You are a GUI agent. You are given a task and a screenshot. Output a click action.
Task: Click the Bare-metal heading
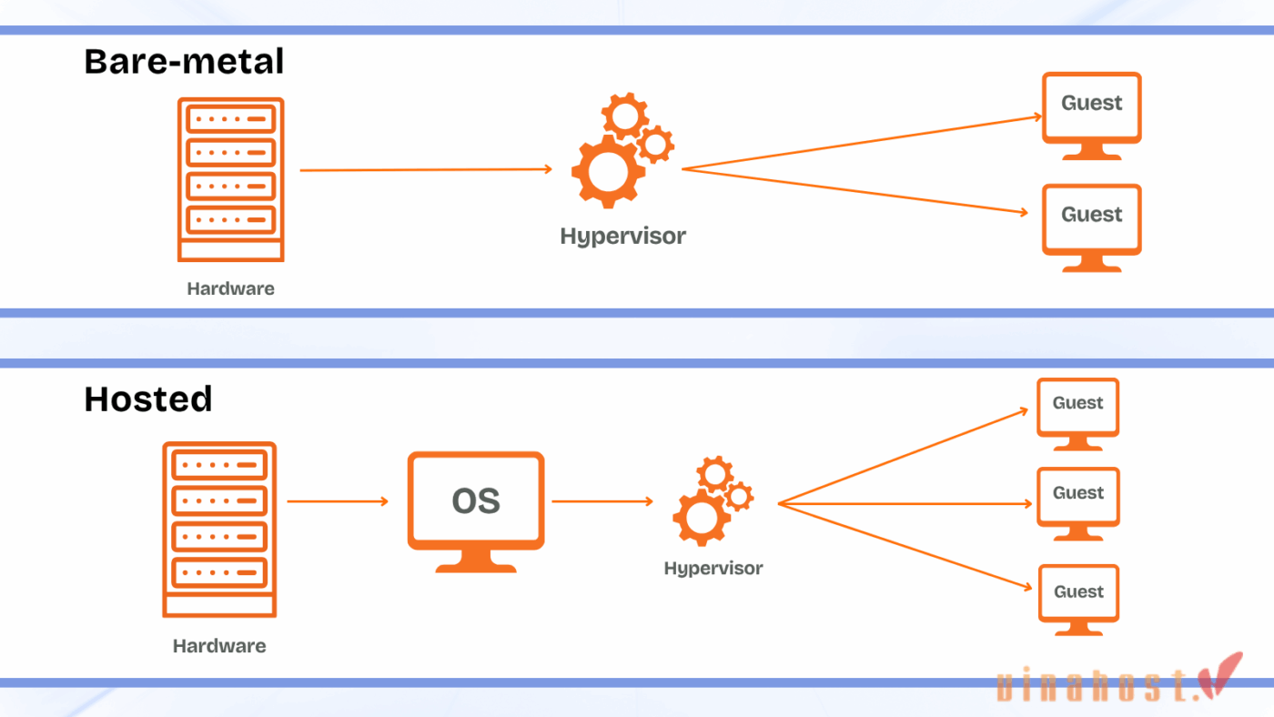184,62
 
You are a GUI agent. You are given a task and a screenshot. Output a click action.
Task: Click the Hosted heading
147,399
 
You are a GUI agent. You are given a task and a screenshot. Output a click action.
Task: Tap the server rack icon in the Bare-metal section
230,179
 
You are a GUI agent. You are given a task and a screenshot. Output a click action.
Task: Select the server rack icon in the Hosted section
219,530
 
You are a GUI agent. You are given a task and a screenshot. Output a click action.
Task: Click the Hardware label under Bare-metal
230,289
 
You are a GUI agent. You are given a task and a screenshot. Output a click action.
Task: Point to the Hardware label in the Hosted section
219,646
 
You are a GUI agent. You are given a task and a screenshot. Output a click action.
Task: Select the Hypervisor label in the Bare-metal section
622,237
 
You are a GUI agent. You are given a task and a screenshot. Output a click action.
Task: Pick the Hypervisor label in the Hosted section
713,569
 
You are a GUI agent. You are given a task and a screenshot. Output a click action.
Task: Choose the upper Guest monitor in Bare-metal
1091,115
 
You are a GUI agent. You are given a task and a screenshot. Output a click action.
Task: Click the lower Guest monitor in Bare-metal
1091,227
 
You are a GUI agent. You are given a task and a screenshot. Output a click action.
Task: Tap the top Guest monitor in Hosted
1077,413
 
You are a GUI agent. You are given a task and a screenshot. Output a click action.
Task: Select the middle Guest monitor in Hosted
1077,503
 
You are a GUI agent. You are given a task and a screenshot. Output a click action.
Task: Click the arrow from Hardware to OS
338,501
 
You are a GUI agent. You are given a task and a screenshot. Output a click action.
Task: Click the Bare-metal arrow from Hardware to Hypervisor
426,169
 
